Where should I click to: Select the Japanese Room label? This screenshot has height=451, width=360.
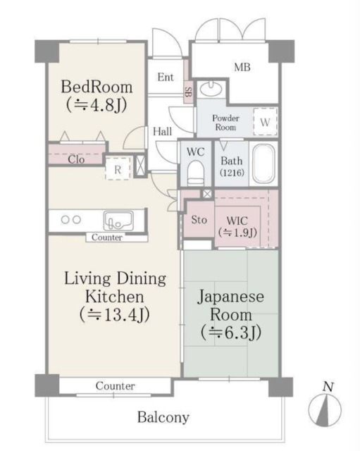(231, 314)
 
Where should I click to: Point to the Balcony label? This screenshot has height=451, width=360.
(163, 417)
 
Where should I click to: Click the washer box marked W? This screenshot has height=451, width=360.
(265, 121)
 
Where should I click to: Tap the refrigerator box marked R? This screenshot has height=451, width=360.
(118, 168)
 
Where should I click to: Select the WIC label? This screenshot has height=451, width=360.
(237, 225)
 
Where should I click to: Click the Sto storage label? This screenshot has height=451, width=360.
(199, 219)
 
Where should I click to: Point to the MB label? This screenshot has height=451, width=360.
(243, 68)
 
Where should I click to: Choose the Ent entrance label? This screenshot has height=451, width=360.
(166, 77)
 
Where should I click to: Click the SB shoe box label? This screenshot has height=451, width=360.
(188, 92)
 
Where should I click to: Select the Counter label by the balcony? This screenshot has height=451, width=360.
(115, 386)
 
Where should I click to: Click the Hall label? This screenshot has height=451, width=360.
(162, 130)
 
